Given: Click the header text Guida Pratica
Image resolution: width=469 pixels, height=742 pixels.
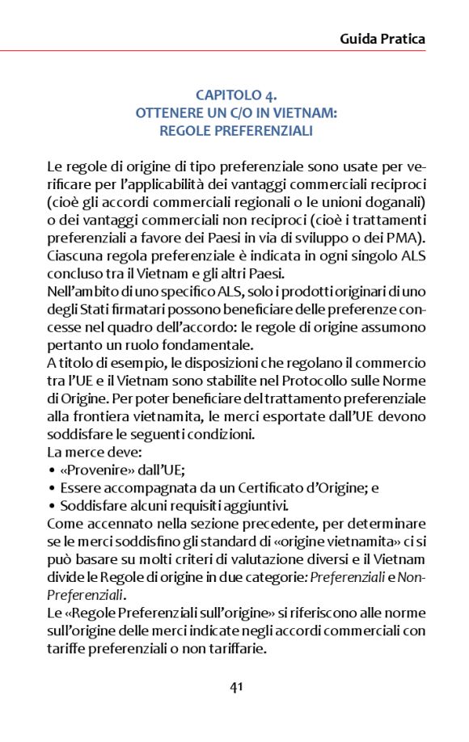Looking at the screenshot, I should click(x=382, y=38).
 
